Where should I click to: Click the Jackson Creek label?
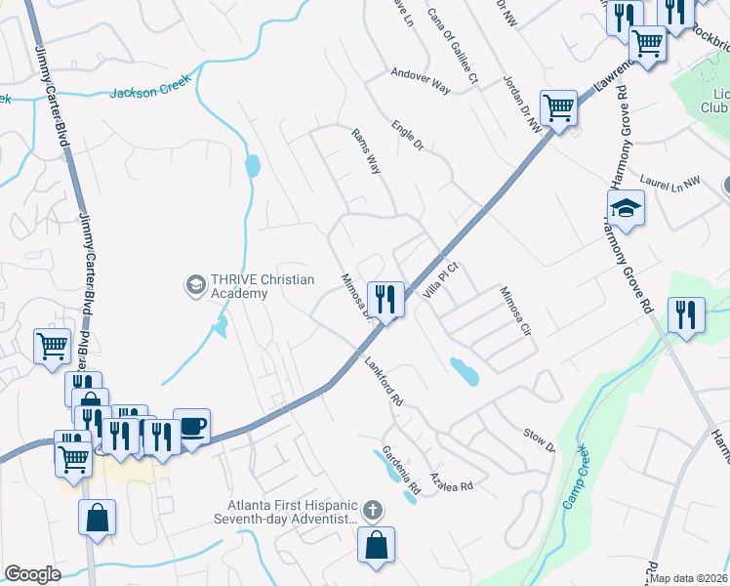149,93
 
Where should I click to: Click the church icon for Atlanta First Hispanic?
371,510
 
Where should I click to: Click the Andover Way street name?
421,80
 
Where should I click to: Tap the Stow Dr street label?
539,439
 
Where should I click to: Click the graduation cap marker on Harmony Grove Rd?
626,207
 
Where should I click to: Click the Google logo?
32,574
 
